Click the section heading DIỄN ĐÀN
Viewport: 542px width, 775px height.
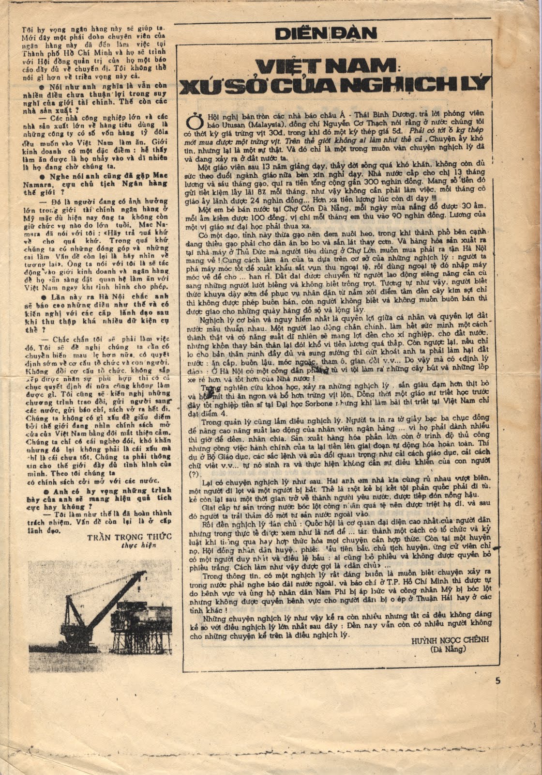pos(325,33)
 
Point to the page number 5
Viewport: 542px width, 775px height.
pos(498,680)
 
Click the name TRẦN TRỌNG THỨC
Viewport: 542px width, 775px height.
pos(129,537)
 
